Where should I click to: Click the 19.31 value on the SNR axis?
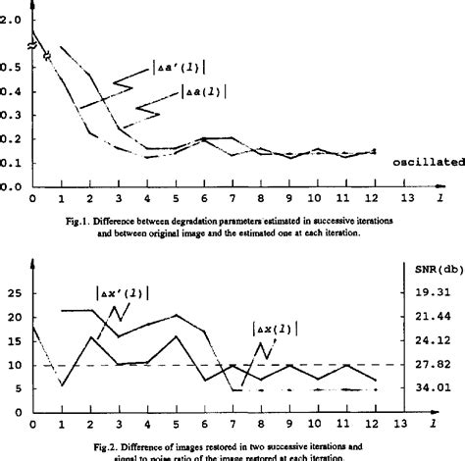pyautogui.click(x=432, y=291)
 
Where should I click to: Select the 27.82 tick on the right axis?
pyautogui.click(x=432, y=365)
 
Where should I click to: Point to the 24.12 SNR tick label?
pyautogui.click(x=432, y=340)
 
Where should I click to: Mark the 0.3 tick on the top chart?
pyautogui.click(x=11, y=115)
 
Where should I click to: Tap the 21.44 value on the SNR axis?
pyautogui.click(x=432, y=316)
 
